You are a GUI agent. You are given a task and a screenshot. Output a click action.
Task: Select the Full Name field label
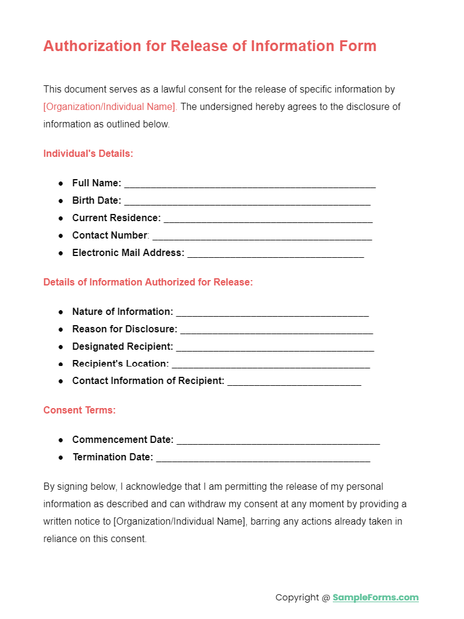click(x=96, y=183)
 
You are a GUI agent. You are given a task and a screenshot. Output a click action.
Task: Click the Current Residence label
click(x=116, y=218)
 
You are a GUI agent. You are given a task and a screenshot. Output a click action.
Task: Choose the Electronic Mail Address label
click(x=128, y=253)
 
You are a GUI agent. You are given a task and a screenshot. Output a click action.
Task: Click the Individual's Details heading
click(x=88, y=154)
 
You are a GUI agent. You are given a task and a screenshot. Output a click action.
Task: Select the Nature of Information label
click(x=122, y=312)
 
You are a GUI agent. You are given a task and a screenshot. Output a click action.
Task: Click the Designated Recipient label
click(x=122, y=347)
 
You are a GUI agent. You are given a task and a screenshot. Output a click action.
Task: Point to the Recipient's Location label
click(x=120, y=364)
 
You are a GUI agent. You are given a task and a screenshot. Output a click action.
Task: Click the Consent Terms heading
click(x=79, y=410)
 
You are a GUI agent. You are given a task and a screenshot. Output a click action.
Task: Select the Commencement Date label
click(x=123, y=440)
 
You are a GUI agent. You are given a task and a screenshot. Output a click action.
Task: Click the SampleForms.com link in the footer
click(x=376, y=597)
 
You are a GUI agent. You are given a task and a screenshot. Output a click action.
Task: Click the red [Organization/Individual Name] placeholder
click(x=110, y=107)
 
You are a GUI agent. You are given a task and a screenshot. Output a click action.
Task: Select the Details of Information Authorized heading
click(x=148, y=282)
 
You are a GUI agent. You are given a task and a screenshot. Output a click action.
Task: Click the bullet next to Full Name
click(x=61, y=183)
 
